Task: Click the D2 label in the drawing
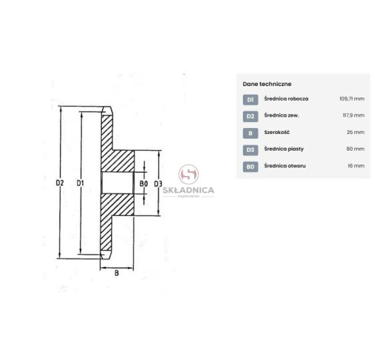click(60, 183)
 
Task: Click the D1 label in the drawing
click(81, 183)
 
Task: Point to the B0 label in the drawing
click(143, 183)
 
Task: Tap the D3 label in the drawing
click(158, 183)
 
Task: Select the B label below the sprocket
click(117, 273)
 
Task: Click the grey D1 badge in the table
click(250, 100)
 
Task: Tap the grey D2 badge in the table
click(250, 116)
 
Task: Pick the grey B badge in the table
click(250, 133)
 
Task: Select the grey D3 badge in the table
click(250, 150)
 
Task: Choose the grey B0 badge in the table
click(250, 167)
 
